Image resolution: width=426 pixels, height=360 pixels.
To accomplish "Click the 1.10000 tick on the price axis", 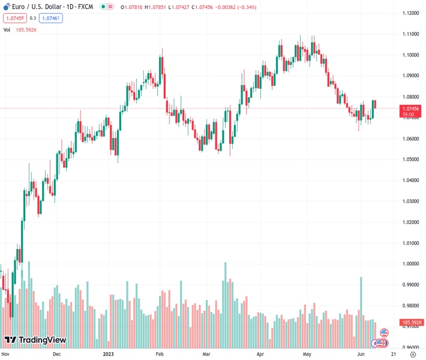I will tap(411, 55).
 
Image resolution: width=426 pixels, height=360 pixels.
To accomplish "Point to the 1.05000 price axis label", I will tap(411, 160).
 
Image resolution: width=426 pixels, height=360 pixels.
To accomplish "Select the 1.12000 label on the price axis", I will tap(411, 13).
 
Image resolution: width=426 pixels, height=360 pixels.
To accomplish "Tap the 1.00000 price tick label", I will tap(411, 264).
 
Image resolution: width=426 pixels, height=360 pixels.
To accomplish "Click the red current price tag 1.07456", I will tap(412, 108).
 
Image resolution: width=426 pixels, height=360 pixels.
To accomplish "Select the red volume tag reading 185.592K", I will tap(412, 323).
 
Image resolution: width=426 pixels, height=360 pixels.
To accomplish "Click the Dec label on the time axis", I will tap(56, 354).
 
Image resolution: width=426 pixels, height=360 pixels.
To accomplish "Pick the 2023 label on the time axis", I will tap(109, 354).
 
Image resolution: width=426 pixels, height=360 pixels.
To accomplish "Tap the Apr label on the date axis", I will tap(260, 354).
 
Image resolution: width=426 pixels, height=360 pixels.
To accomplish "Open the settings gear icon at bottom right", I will tap(413, 354).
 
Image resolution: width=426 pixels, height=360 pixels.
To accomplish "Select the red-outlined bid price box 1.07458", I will tap(14, 18).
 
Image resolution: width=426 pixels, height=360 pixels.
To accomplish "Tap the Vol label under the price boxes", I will tap(7, 29).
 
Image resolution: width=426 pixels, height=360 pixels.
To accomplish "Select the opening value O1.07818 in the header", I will tap(132, 7).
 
